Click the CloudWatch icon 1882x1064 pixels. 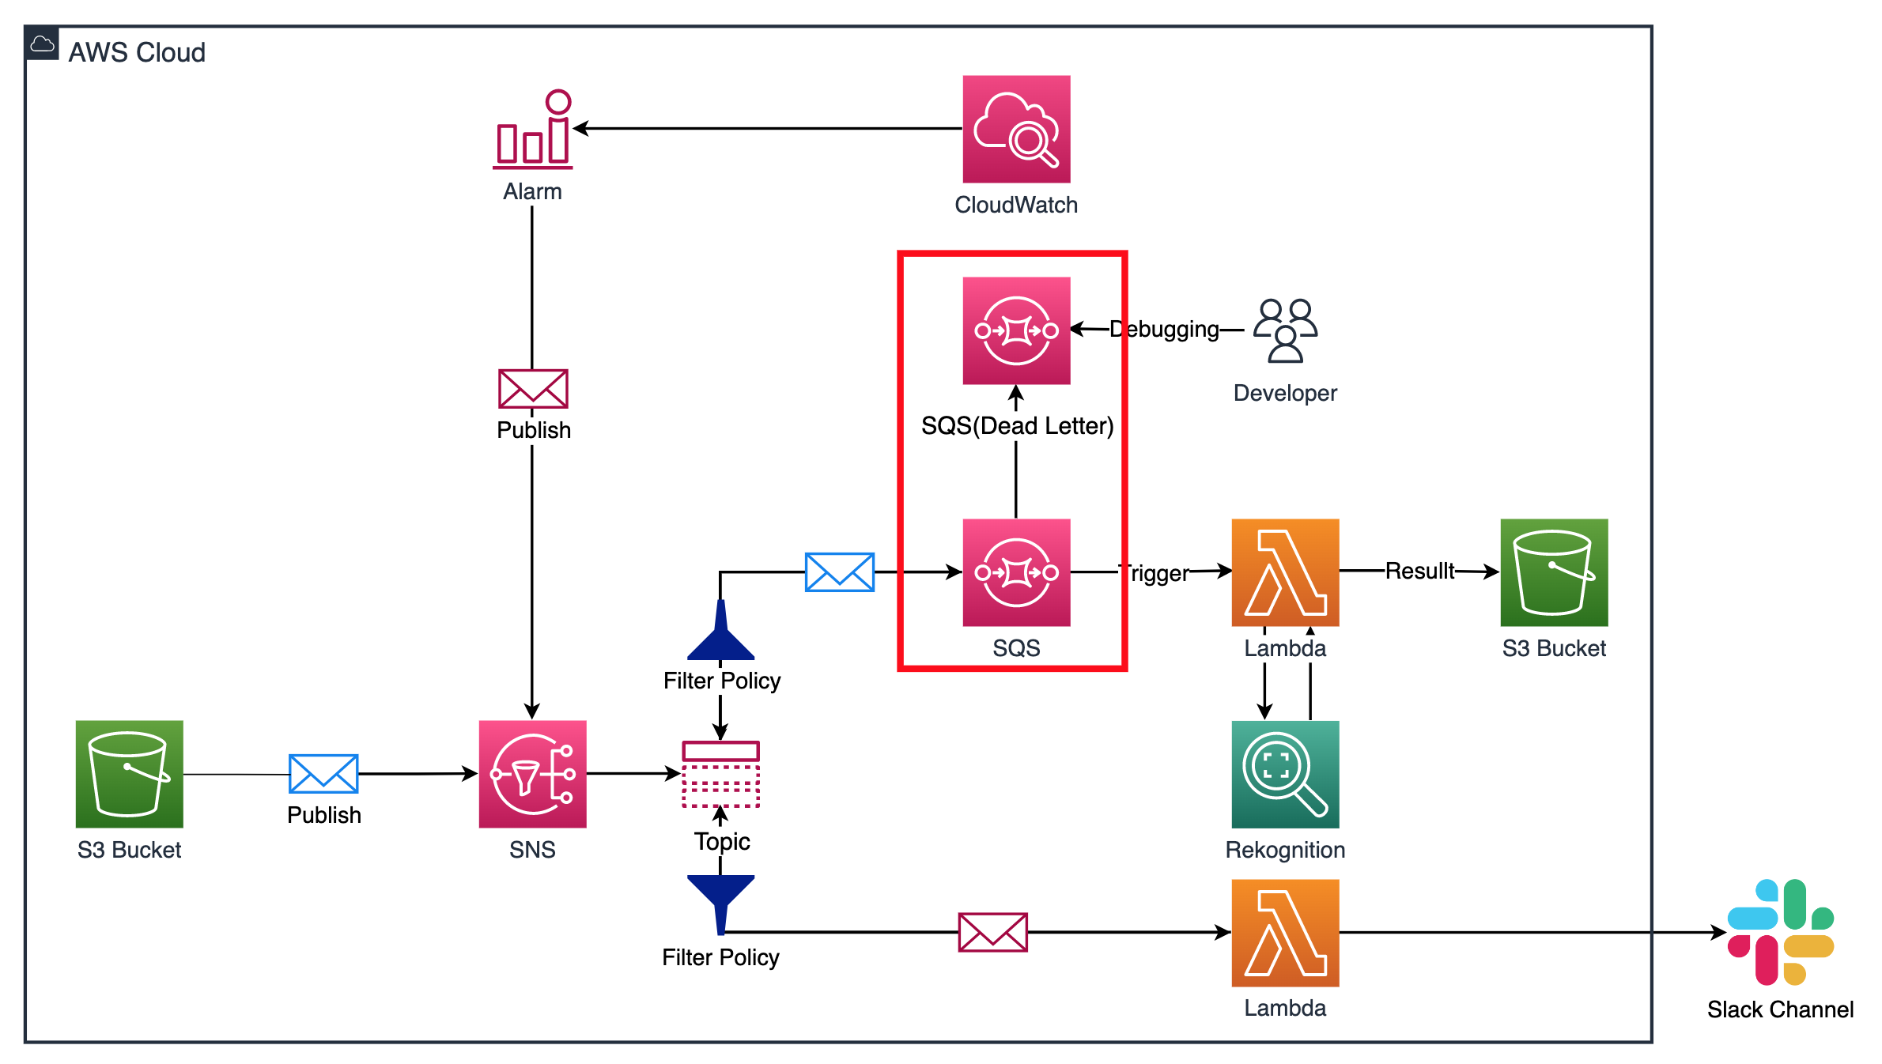1016,129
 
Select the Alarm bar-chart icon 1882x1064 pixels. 533,130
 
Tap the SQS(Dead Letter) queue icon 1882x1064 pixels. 1016,330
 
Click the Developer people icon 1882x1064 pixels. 1285,330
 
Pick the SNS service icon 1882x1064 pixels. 532,774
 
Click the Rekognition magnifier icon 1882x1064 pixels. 1285,774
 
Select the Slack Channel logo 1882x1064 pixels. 1780,932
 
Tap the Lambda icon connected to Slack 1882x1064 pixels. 1285,933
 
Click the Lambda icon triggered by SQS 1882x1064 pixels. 1285,572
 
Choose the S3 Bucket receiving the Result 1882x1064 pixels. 1554,572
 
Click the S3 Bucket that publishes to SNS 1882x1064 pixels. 129,774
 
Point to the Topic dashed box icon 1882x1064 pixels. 720,774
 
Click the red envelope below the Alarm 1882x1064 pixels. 533,389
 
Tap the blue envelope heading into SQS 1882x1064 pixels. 839,572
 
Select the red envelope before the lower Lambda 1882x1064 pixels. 992,932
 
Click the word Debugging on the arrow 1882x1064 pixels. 1164,329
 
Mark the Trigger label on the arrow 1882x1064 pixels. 1155,572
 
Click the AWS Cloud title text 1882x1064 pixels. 137,52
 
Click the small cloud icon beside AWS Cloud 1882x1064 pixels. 42,44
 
